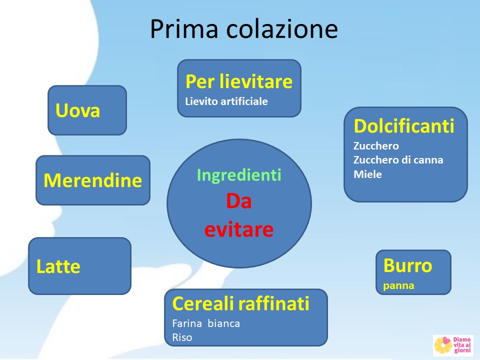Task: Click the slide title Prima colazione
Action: pos(244,29)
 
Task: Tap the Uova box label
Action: pos(78,110)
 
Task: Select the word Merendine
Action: pos(93,180)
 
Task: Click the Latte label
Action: pos(58,266)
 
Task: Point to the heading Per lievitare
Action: pos(239,81)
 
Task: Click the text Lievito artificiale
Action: pos(226,101)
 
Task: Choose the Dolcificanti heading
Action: pos(404,126)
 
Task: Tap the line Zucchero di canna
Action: pos(398,160)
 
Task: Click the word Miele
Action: pos(367,174)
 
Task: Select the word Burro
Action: pos(408,265)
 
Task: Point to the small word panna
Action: pos(398,285)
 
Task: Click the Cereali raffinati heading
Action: pos(241,303)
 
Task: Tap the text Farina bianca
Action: pos(206,323)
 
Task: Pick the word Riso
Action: pos(182,337)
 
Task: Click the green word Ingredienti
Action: pos(239,175)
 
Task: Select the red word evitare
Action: pos(239,229)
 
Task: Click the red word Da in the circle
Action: pos(239,201)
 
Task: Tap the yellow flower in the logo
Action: pos(442,344)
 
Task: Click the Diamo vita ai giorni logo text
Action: pos(462,344)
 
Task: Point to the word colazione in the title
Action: pos(282,29)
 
